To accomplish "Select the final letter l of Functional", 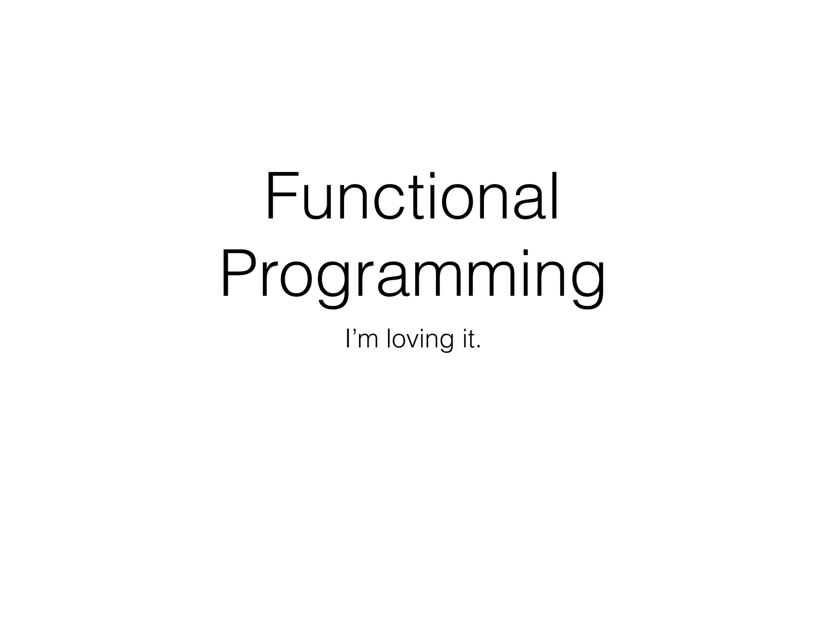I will (x=555, y=196).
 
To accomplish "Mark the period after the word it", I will (x=478, y=347).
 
